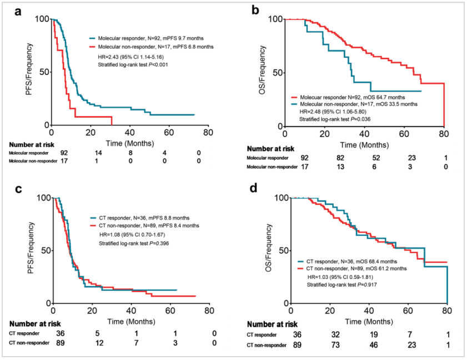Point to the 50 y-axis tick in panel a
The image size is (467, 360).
[42, 72]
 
